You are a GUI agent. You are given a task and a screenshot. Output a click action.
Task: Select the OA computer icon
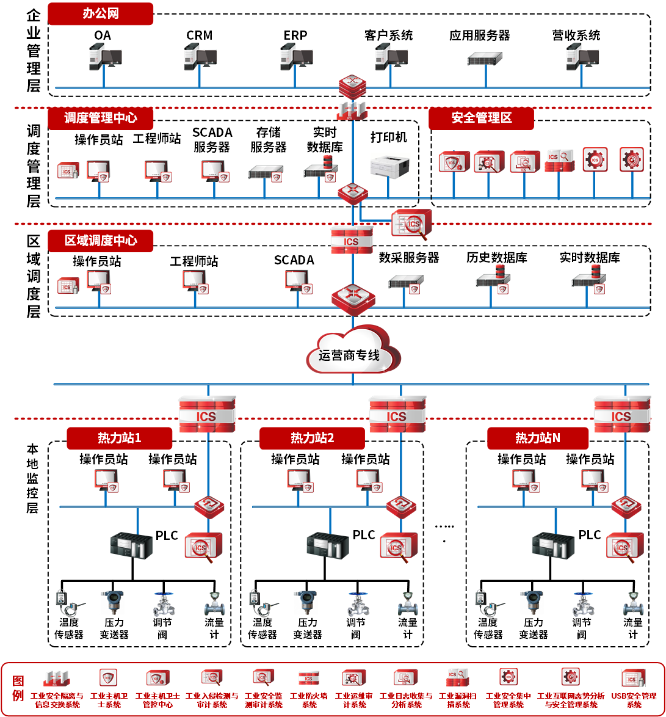tap(102, 57)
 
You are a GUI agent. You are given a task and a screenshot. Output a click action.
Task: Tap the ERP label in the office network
tap(295, 35)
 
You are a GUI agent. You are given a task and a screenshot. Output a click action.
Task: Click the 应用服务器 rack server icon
tap(485, 59)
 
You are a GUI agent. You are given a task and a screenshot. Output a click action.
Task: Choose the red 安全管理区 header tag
tap(481, 118)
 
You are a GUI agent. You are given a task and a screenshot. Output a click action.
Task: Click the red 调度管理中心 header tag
tap(100, 118)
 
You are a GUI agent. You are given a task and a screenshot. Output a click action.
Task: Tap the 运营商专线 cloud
tap(352, 352)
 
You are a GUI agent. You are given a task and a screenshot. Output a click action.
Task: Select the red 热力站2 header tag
tap(312, 438)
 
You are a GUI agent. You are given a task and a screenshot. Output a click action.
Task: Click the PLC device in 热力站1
tap(132, 545)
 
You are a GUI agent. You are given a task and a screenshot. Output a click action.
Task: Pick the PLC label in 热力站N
tap(590, 535)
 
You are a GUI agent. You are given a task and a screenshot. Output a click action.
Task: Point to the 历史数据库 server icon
tap(493, 278)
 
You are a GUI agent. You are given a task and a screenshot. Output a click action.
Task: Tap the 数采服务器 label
tap(408, 258)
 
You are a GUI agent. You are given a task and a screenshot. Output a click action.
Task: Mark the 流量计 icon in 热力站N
tap(634, 603)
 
